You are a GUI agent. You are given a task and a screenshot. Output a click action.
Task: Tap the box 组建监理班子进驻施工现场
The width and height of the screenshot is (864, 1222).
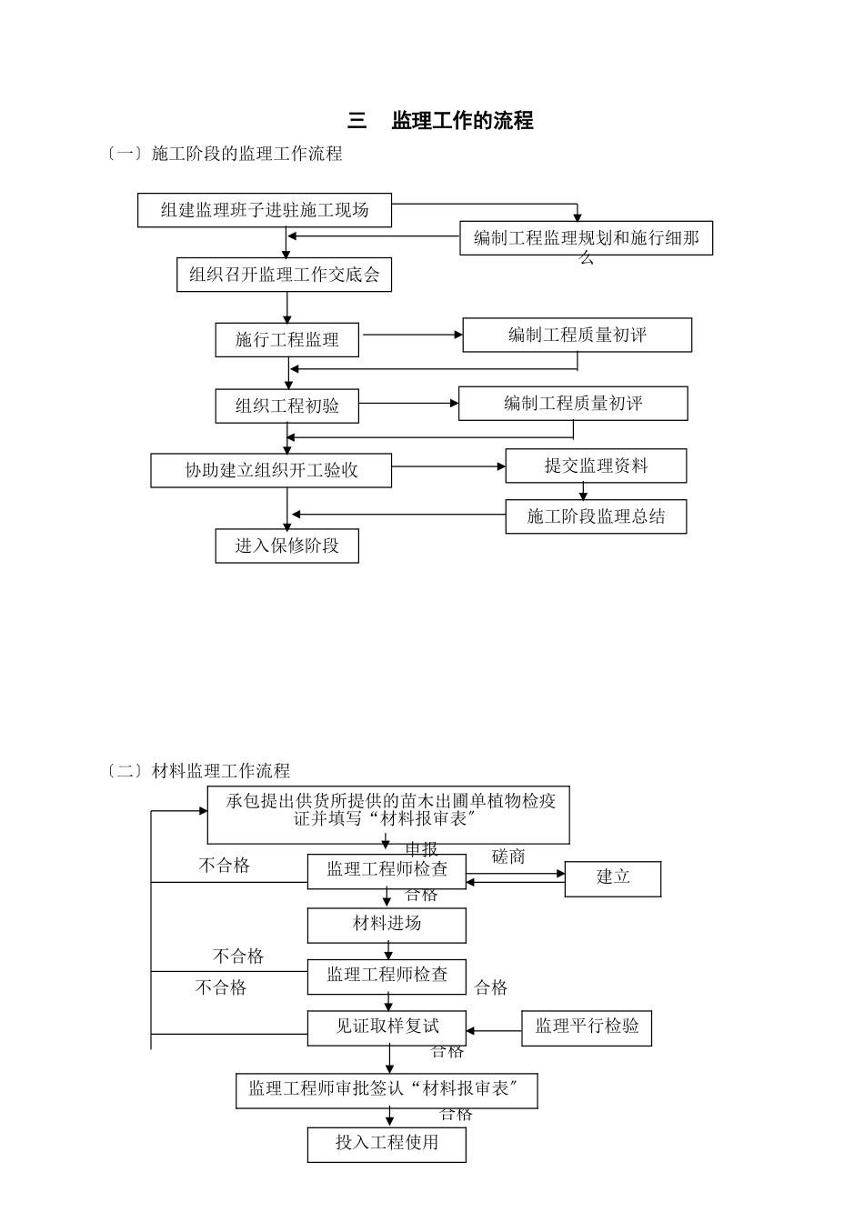pyautogui.click(x=265, y=210)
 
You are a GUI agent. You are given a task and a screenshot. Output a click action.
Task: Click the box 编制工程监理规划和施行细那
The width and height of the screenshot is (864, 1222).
pyautogui.click(x=586, y=238)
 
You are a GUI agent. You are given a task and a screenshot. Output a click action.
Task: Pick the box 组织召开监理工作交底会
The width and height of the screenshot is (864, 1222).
pyautogui.click(x=284, y=275)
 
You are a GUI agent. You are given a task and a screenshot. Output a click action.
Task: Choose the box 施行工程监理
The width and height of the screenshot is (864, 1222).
pyautogui.click(x=287, y=340)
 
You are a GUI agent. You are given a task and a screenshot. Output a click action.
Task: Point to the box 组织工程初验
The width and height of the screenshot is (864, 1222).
pyautogui.click(x=287, y=406)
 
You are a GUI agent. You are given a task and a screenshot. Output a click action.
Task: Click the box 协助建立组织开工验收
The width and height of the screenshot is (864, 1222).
pyautogui.click(x=271, y=470)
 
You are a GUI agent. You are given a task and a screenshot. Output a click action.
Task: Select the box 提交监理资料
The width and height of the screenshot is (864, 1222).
pyautogui.click(x=596, y=466)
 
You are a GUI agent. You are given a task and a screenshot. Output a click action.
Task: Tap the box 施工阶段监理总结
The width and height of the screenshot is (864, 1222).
pyautogui.click(x=596, y=516)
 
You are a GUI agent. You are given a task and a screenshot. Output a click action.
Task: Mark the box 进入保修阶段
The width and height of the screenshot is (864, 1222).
pyautogui.click(x=287, y=546)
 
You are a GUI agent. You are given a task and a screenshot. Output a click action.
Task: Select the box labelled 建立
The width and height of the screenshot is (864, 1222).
pyautogui.click(x=613, y=878)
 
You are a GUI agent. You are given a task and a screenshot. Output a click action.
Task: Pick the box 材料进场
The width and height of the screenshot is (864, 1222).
pyautogui.click(x=387, y=925)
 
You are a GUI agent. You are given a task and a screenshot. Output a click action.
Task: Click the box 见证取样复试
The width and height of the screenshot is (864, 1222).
pyautogui.click(x=387, y=1027)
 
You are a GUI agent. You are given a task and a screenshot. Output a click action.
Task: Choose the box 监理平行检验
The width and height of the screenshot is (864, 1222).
pyautogui.click(x=587, y=1027)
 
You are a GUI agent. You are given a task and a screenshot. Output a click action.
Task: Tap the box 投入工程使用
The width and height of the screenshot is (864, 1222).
pyautogui.click(x=387, y=1144)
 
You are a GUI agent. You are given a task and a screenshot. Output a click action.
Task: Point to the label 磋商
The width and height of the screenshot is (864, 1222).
pyautogui.click(x=508, y=856)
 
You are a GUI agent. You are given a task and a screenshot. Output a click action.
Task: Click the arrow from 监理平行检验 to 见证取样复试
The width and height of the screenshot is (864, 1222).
pyautogui.click(x=494, y=1031)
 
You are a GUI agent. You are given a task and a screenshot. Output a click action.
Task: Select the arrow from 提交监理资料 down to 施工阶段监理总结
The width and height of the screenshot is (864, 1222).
pyautogui.click(x=584, y=491)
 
